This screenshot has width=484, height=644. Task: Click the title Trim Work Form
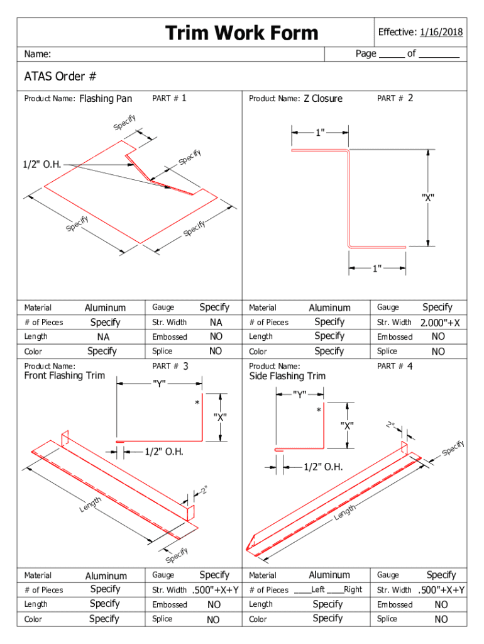pos(242,33)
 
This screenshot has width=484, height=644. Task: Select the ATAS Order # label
pos(60,77)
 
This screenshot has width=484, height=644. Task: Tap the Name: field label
pos(38,54)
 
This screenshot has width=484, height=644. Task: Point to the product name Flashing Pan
pos(106,99)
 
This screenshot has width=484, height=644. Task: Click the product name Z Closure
pos(323,99)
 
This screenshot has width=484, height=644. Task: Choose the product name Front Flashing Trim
pos(65,376)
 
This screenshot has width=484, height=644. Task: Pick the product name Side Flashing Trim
pos(287,376)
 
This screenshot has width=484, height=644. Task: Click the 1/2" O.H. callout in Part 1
pos(43,165)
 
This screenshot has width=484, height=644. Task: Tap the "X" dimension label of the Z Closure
pos(428,197)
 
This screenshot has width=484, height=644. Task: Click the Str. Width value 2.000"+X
pos(440,323)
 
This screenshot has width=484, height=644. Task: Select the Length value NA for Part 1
pos(104,337)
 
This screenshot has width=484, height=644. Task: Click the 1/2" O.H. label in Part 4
pos(322,467)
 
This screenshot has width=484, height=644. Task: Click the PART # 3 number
pos(186,365)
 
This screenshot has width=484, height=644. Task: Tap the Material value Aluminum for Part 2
pos(329,308)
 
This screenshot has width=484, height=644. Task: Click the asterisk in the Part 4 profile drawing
pos(319,411)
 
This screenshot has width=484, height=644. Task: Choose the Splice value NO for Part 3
pos(214,619)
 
